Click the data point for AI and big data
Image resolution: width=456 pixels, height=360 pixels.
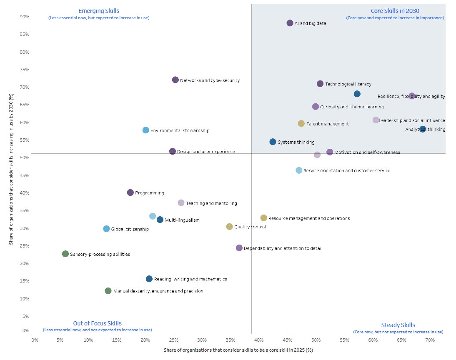(x=290, y=23)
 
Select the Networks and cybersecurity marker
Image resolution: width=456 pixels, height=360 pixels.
(x=175, y=80)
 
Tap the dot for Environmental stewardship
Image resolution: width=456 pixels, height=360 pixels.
(x=146, y=130)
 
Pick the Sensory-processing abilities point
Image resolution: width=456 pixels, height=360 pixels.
(x=65, y=254)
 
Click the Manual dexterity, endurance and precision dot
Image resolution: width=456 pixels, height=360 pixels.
(x=108, y=291)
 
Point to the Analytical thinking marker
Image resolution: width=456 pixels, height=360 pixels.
(x=423, y=129)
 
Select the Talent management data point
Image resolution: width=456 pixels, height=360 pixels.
(x=301, y=124)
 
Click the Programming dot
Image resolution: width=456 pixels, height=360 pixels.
(x=130, y=193)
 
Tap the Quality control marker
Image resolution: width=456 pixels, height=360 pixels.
(x=230, y=227)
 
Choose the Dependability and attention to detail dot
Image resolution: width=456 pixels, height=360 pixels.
(x=239, y=248)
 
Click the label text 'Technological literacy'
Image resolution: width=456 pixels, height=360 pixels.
(x=348, y=84)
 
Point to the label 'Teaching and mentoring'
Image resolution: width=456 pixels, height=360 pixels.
(x=211, y=203)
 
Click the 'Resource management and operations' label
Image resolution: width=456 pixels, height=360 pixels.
(x=309, y=218)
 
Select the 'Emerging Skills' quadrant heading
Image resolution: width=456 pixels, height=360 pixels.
(x=99, y=11)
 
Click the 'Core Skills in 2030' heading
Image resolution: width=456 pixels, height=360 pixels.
(x=395, y=11)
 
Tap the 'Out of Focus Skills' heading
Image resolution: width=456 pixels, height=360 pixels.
(x=98, y=323)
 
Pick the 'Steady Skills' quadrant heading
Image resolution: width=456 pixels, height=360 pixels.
(x=398, y=325)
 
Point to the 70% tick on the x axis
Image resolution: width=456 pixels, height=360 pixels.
(x=430, y=340)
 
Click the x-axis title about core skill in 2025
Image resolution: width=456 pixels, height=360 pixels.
(x=238, y=350)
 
